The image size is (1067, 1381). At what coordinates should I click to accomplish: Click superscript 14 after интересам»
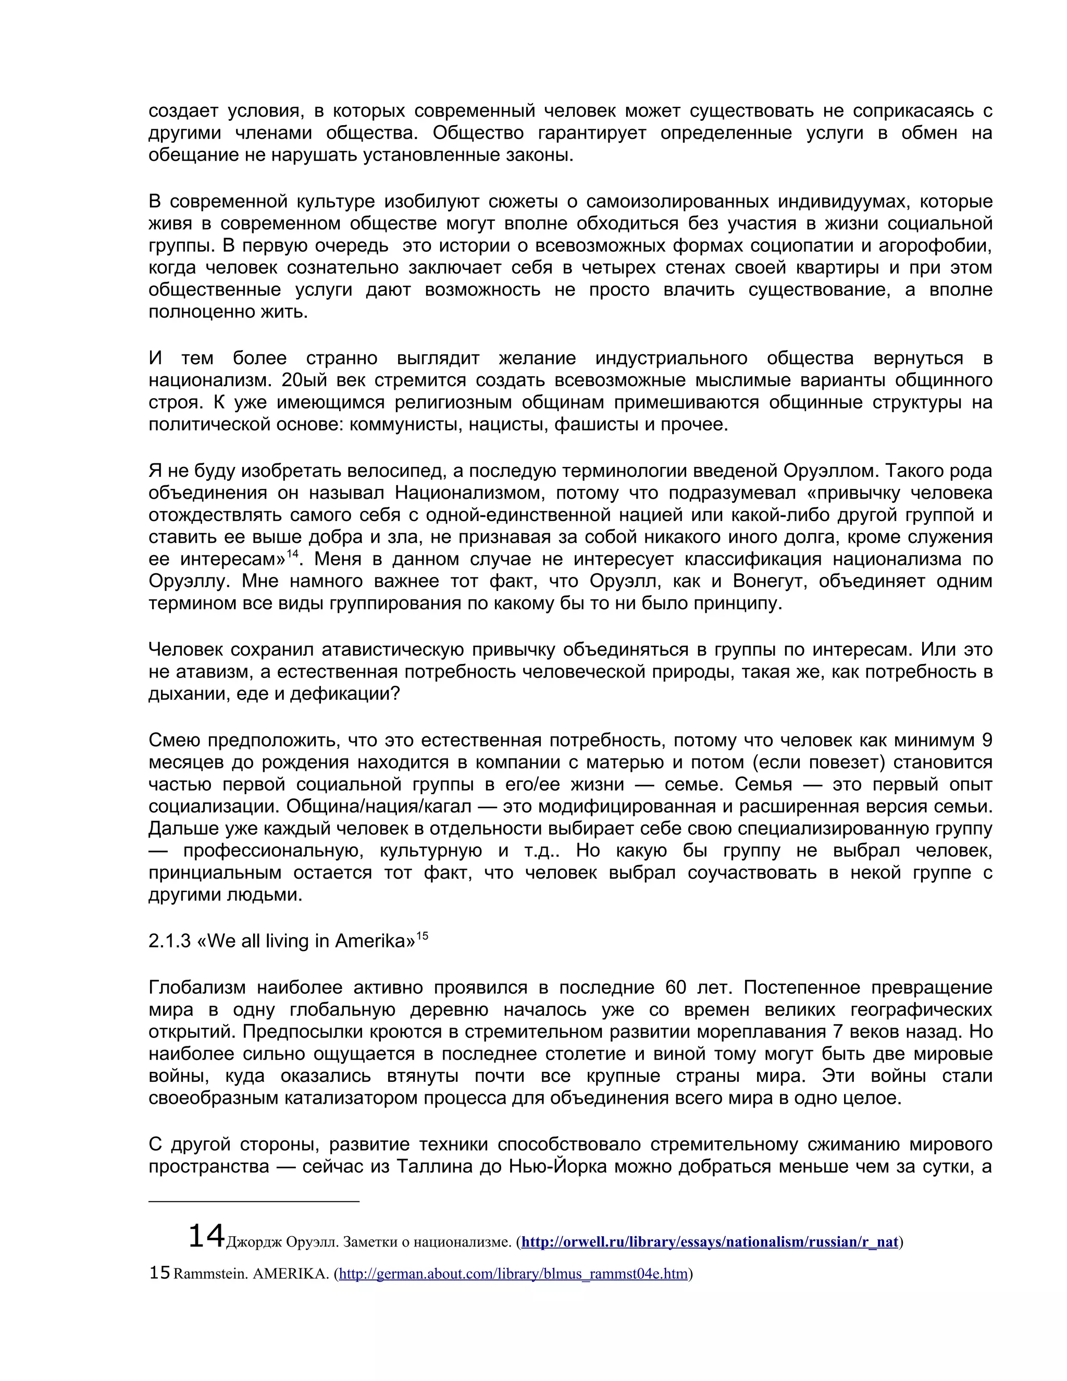(x=292, y=554)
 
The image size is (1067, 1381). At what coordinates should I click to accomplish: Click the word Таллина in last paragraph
(x=435, y=1166)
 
